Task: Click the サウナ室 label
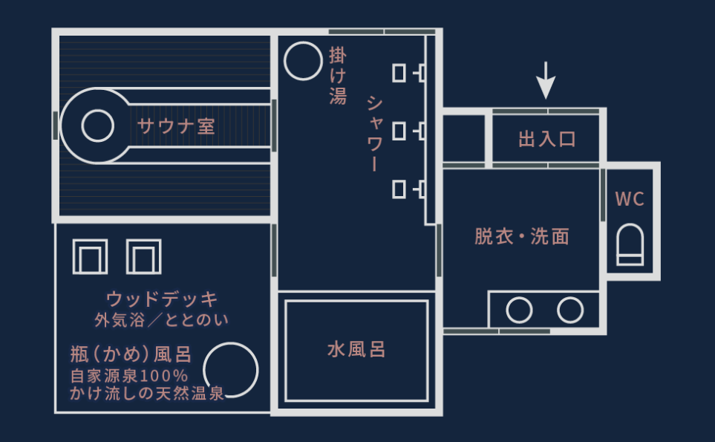coord(176,126)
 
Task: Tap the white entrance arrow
coord(546,80)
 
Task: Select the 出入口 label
coord(547,139)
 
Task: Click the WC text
coord(630,199)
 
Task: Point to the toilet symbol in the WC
coord(630,245)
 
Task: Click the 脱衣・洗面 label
coord(522,236)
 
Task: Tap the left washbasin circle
coord(519,310)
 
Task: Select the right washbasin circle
coord(570,310)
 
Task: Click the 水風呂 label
coord(356,349)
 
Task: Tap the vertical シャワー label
coord(374,134)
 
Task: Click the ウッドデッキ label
coord(163,299)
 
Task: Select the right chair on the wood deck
coord(144,256)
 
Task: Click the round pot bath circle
coord(230,370)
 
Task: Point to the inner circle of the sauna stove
coord(97,126)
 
